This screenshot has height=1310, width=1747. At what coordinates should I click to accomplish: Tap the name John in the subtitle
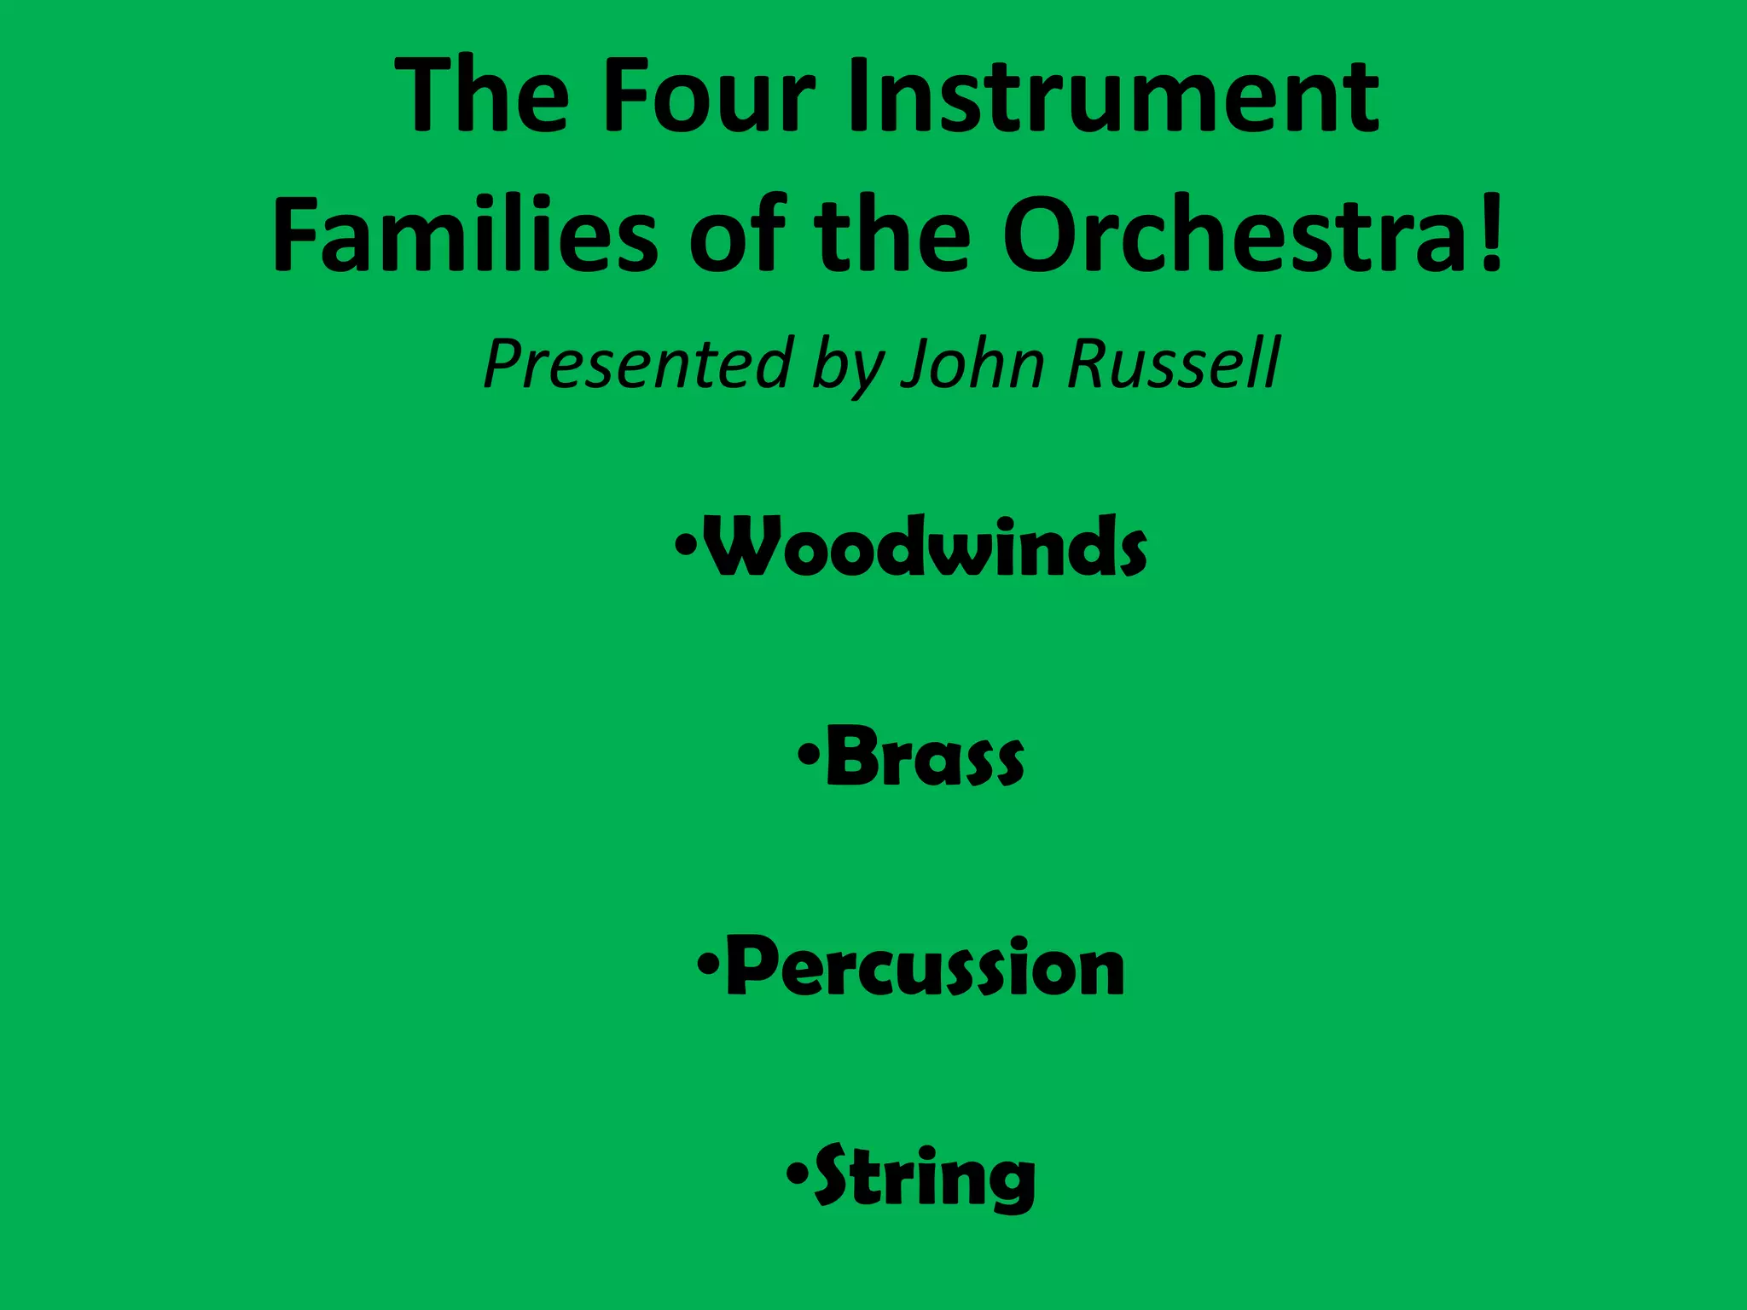[972, 363]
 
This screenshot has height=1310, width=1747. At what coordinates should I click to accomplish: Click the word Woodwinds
[926, 547]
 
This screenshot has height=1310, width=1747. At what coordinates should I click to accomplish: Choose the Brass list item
[926, 756]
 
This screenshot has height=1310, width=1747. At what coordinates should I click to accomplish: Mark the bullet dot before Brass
[808, 754]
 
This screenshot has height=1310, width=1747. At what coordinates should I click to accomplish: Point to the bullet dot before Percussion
[707, 964]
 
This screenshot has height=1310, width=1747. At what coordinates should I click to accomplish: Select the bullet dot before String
[796, 1174]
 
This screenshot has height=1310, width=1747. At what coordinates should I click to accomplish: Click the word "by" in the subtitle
[848, 365]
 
